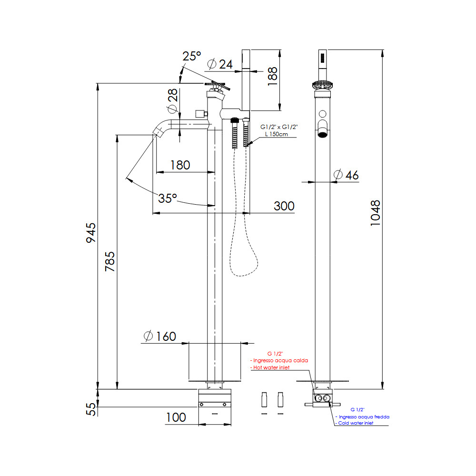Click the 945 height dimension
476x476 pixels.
pos(91,233)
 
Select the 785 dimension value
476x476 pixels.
pos(110,261)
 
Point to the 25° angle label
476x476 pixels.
pos(192,56)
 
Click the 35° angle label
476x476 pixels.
pos(168,198)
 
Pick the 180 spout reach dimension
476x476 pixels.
pos(180,165)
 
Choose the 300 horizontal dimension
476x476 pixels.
pos(284,206)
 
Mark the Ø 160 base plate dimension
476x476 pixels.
pos(159,337)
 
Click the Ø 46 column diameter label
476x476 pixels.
pos(346,175)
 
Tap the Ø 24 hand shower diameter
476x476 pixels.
pos(220,64)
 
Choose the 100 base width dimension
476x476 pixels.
pos(176,417)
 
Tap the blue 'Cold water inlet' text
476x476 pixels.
pos(355,423)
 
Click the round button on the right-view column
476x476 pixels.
pos(322,114)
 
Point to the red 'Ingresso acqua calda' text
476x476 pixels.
pos(280,360)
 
